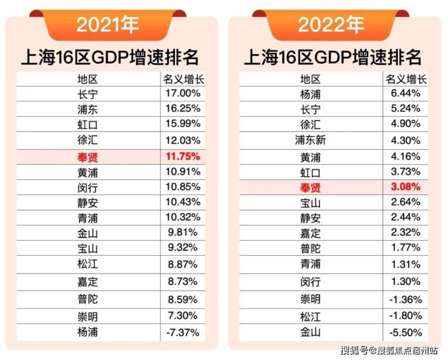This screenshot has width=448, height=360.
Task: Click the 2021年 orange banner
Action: click(x=108, y=25)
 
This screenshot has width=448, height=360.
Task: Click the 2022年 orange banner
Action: click(x=331, y=25)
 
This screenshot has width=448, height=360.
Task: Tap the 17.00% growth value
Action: click(x=182, y=93)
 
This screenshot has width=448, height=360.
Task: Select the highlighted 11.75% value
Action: click(x=182, y=156)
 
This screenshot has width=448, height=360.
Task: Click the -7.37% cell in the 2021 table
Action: click(x=182, y=332)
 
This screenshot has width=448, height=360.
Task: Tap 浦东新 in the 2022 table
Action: click(x=311, y=141)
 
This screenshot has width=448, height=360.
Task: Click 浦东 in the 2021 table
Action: click(x=88, y=109)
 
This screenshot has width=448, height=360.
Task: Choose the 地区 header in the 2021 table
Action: click(x=88, y=78)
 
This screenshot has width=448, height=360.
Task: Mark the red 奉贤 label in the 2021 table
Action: click(x=88, y=156)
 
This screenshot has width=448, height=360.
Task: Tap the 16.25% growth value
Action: click(x=182, y=109)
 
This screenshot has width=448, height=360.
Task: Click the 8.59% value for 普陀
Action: click(x=182, y=299)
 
